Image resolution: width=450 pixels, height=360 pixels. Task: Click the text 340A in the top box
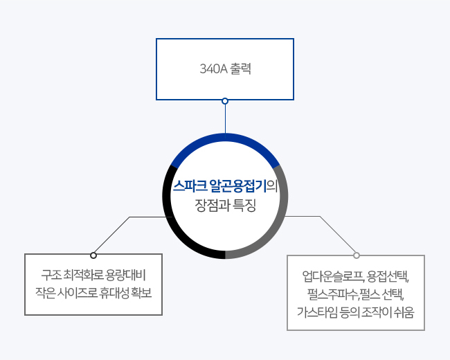click(x=213, y=69)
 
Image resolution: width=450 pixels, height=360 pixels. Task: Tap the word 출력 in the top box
click(x=240, y=69)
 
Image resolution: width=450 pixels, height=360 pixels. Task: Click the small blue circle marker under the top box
click(x=225, y=101)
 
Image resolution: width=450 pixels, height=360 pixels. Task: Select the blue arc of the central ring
click(x=225, y=138)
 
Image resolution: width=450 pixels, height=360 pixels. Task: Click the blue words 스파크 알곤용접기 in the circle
click(x=219, y=186)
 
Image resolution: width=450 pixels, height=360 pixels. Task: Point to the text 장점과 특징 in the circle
click(x=225, y=205)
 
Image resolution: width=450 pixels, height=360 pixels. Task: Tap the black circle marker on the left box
click(x=93, y=255)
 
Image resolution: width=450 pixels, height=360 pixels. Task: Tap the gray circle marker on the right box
click(x=357, y=255)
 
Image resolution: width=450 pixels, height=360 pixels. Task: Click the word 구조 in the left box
click(x=51, y=275)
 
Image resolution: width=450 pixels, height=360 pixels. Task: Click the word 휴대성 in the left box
click(x=114, y=293)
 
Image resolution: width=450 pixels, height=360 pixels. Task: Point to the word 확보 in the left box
click(x=141, y=293)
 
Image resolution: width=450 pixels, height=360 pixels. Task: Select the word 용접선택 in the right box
click(x=388, y=276)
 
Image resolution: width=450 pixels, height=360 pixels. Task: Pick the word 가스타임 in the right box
click(x=317, y=312)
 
